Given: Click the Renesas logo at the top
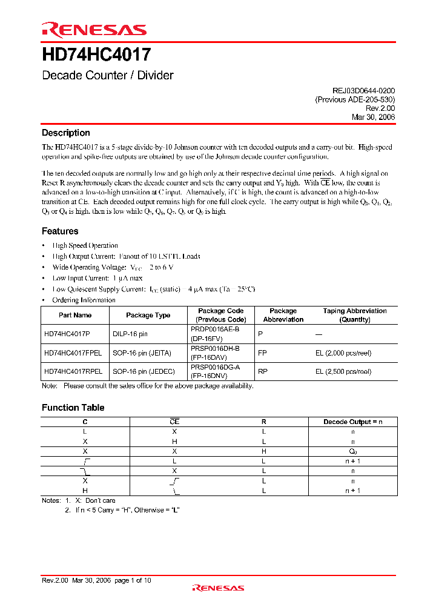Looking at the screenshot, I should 93,29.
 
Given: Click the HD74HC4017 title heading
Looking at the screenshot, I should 96,55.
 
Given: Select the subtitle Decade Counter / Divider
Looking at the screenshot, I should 107,76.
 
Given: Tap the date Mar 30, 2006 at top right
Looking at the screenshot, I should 373,118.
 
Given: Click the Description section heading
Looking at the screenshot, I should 65,133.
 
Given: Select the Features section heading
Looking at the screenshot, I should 60,231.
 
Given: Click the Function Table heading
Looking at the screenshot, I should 73,408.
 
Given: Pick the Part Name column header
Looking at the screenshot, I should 75,315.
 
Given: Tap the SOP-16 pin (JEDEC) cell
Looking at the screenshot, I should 144,371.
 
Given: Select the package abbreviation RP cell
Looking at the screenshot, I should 262,371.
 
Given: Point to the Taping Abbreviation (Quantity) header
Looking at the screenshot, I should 354,315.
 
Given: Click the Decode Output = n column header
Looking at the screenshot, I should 352,422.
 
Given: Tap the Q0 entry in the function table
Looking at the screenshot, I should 352,451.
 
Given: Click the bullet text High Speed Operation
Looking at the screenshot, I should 85,245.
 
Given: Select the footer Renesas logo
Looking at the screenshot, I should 218,588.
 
